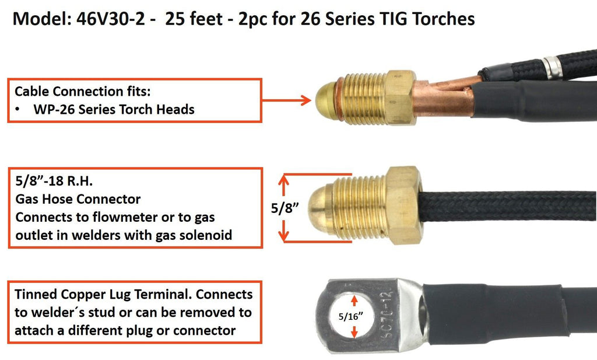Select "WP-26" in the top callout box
[52, 109]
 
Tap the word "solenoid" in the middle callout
[206, 235]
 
